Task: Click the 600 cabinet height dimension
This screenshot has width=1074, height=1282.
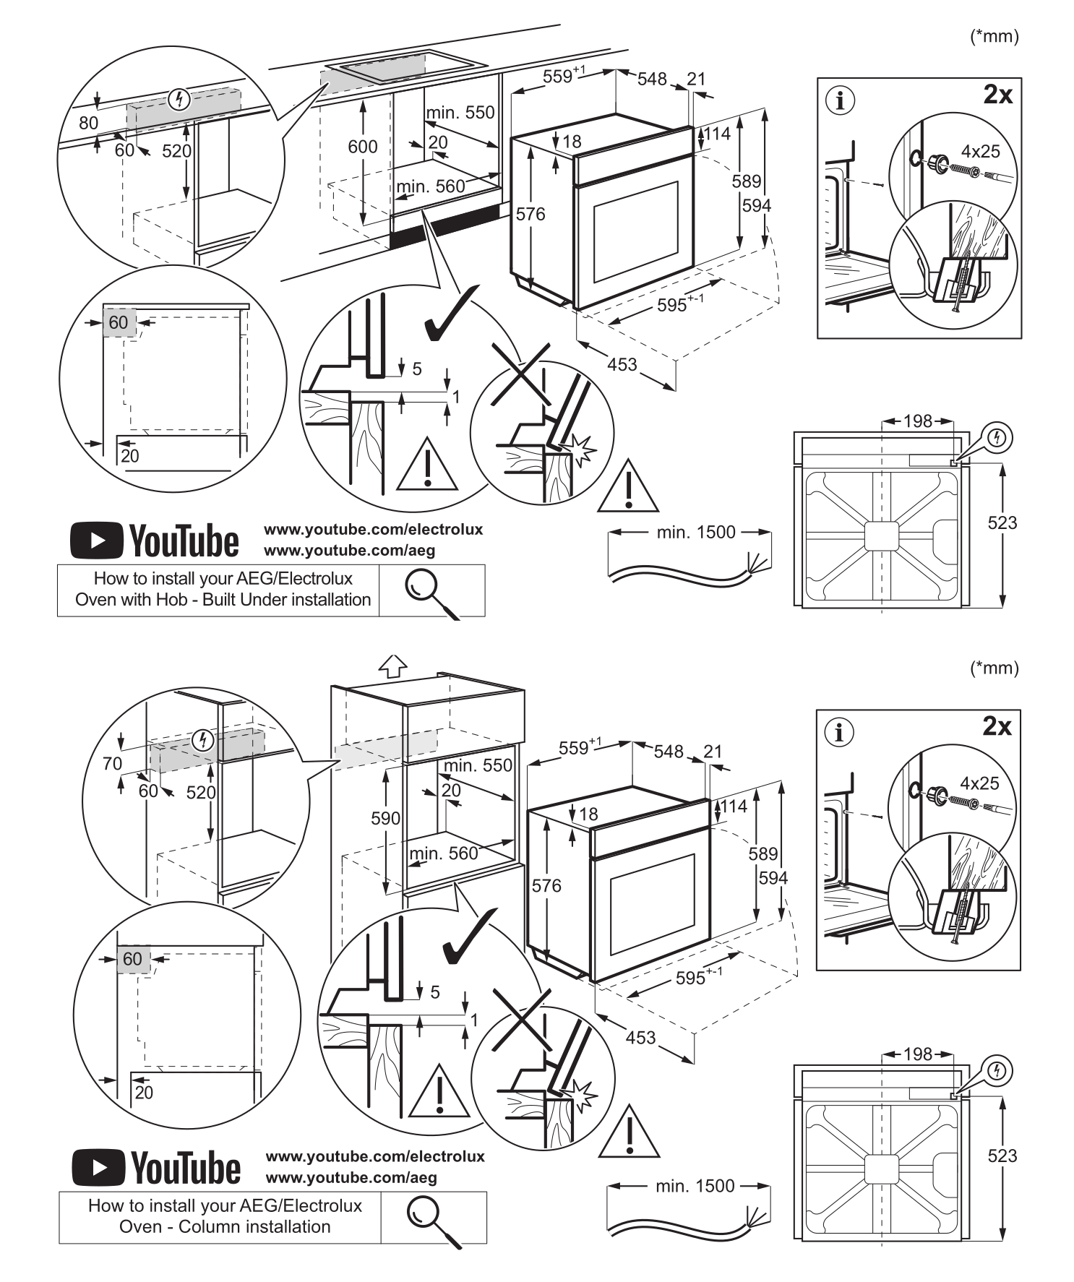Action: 362,147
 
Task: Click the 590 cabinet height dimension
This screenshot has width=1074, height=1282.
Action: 385,818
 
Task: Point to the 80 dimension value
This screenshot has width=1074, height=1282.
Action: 88,123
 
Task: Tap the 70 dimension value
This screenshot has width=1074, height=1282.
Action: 112,763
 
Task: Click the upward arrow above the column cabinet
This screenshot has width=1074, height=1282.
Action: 393,666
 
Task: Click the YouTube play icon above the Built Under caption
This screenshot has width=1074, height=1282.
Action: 96,541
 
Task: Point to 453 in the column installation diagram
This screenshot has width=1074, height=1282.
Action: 640,1037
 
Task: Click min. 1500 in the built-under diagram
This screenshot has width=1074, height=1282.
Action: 696,533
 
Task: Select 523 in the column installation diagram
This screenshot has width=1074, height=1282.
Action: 1002,1156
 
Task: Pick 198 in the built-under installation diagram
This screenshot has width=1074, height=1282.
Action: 918,421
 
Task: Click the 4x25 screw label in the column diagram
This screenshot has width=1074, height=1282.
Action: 979,783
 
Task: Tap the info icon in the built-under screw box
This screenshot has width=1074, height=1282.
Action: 840,100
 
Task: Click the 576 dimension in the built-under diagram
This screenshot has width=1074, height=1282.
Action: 530,214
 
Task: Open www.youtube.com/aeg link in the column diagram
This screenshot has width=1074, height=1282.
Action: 351,1177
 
